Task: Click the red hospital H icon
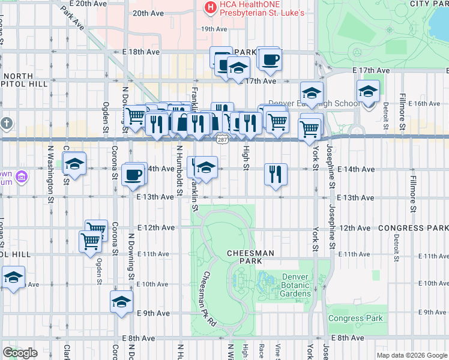point(211,7)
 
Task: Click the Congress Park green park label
point(354,318)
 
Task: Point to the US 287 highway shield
point(221,139)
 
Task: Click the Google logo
point(20,353)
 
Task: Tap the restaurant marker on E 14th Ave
point(276,174)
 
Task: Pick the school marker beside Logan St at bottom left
point(13,277)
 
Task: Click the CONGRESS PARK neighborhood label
point(413,228)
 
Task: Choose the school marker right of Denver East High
point(368,92)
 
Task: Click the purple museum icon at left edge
point(22,177)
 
